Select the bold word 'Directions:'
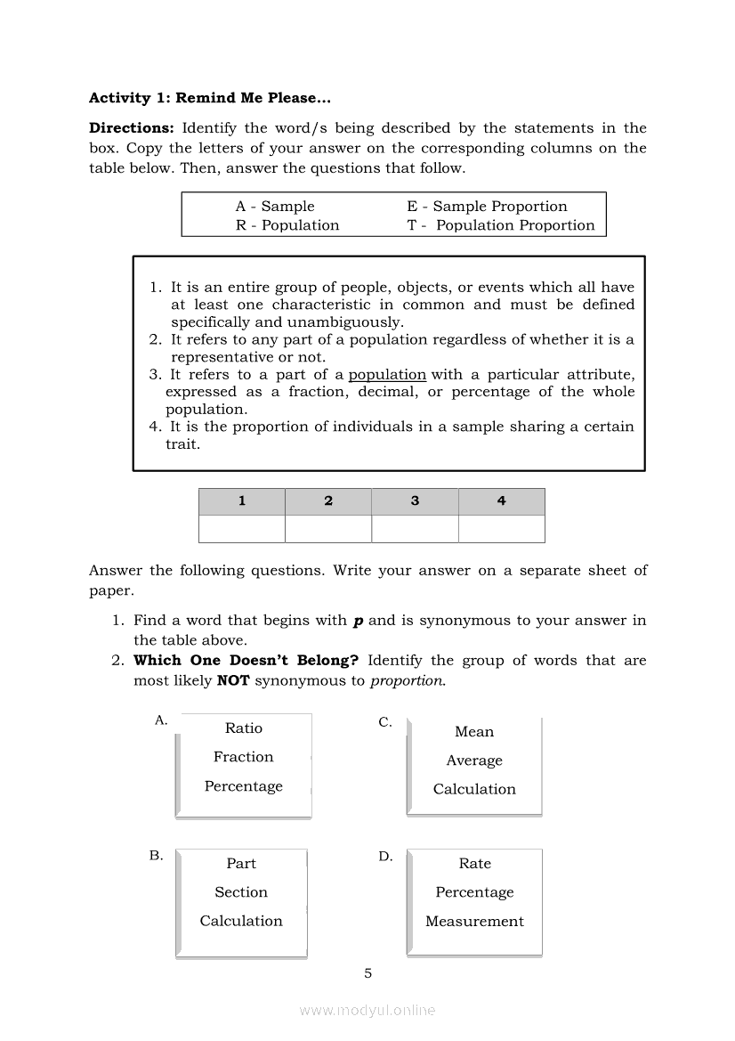click(131, 128)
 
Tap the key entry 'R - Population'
click(287, 225)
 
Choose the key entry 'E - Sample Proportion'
click(487, 206)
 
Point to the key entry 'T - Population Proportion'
click(501, 225)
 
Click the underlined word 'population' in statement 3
click(387, 375)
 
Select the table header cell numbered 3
click(415, 501)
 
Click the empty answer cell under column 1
click(242, 529)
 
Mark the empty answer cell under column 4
click(501, 529)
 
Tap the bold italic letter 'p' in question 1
click(359, 621)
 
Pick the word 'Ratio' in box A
click(244, 728)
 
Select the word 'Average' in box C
click(474, 760)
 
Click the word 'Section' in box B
click(241, 892)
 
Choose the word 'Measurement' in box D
click(474, 922)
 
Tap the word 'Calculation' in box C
click(474, 789)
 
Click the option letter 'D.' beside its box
click(385, 857)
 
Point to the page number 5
click(368, 973)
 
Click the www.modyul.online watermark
click(367, 1011)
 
